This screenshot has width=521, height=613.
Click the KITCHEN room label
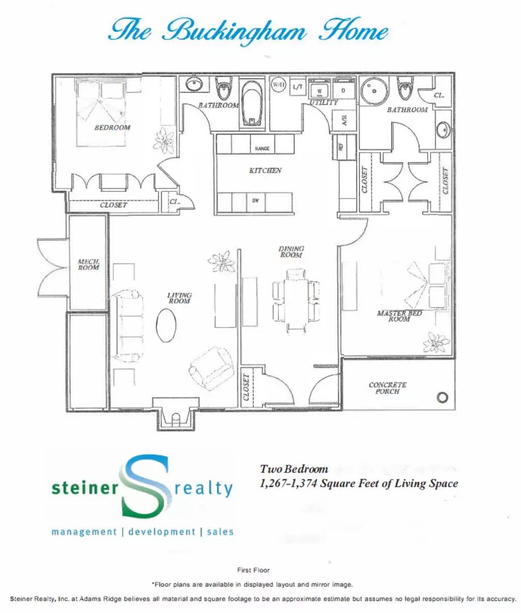point(265,170)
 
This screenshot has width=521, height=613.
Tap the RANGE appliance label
point(262,149)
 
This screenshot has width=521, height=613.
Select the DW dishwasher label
point(256,200)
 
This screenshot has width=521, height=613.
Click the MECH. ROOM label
point(88,264)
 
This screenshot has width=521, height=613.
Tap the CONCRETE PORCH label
point(387,388)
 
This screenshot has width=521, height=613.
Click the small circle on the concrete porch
point(443,397)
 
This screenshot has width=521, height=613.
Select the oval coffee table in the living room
point(166,325)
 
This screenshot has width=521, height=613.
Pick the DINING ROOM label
point(291,251)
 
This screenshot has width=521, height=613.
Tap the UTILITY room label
point(324,103)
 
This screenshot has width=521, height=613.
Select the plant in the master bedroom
point(436,342)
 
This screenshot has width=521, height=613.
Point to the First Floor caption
point(253,570)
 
